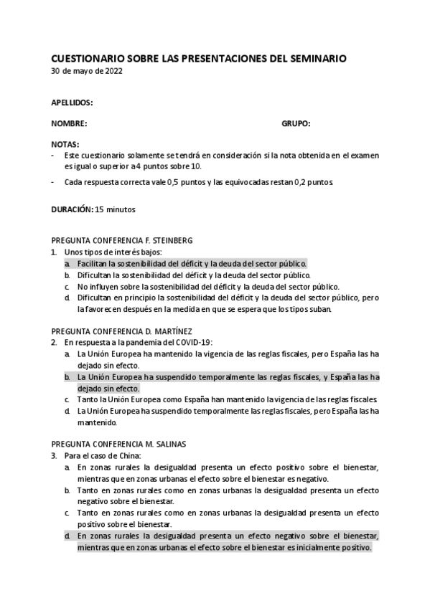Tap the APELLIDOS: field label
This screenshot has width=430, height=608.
click(73, 103)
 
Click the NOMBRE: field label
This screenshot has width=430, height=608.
click(69, 124)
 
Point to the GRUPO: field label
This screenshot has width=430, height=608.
click(296, 124)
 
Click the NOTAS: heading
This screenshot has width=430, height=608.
click(65, 144)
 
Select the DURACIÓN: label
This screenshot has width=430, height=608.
click(73, 209)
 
